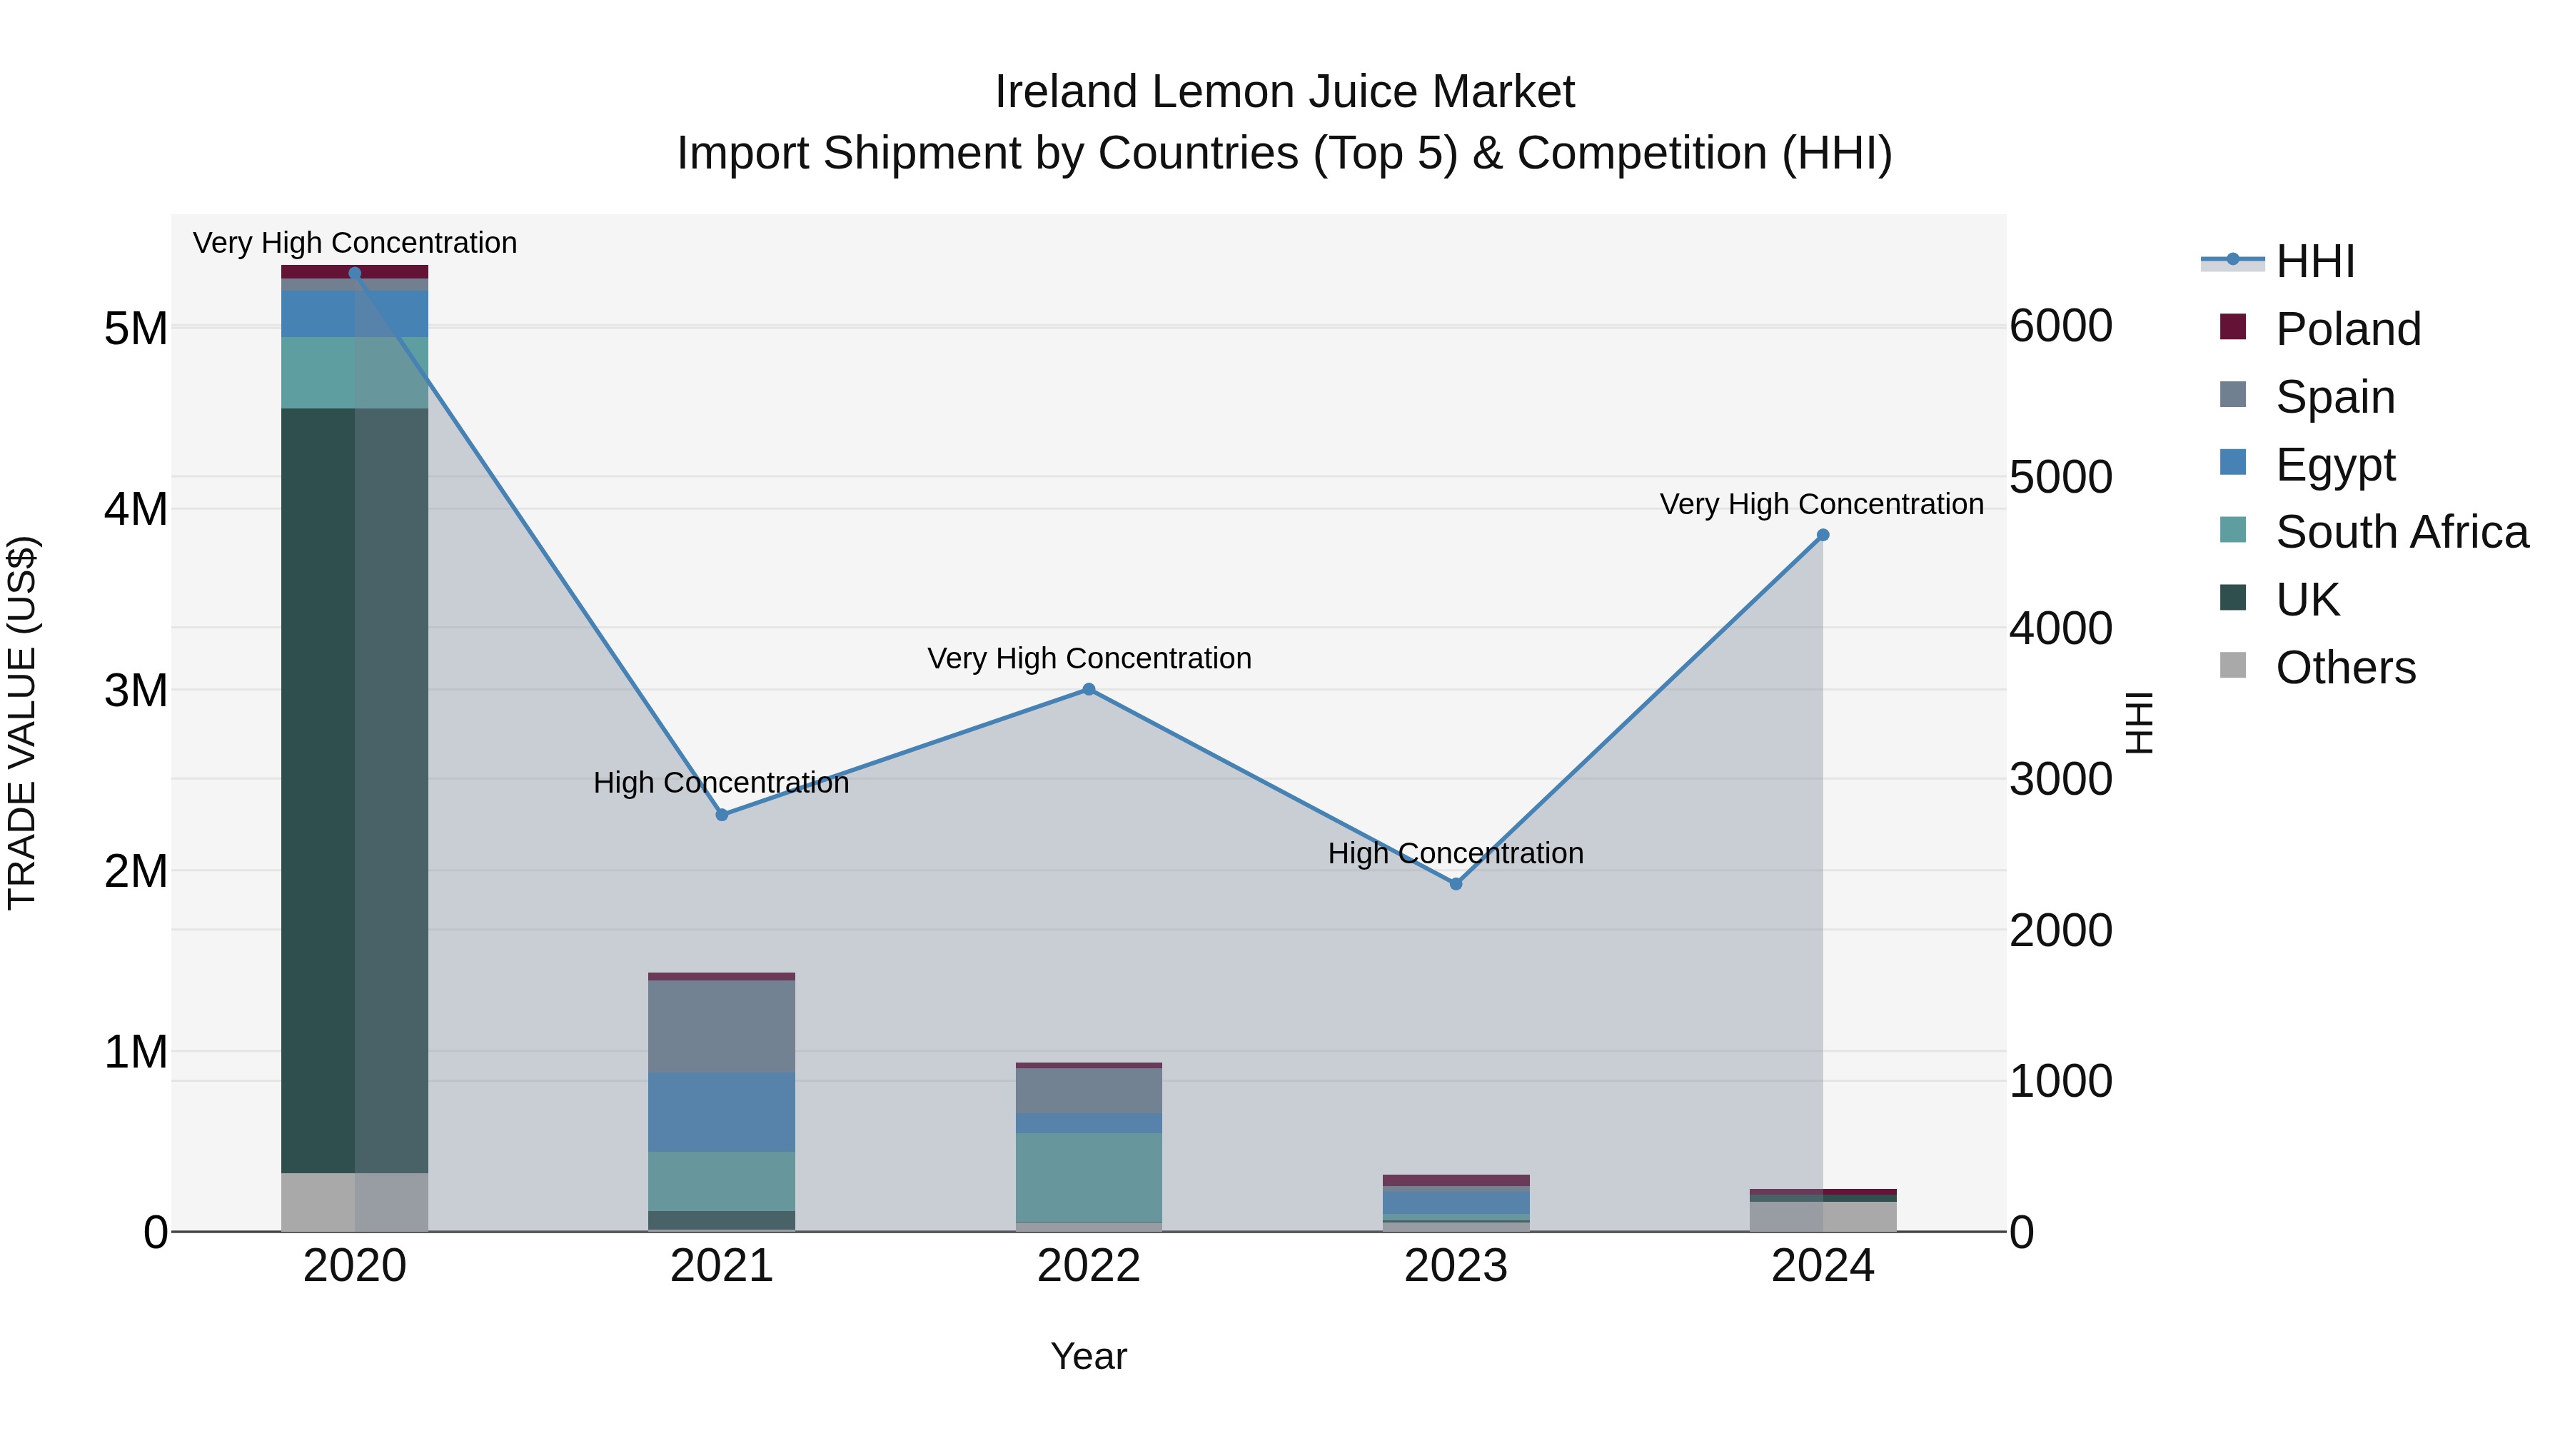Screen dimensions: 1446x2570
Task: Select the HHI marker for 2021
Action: tap(722, 814)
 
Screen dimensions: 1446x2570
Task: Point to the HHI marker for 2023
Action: tap(1456, 884)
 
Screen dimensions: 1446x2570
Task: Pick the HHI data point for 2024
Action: tap(1823, 536)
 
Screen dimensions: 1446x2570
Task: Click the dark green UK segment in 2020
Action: tap(319, 788)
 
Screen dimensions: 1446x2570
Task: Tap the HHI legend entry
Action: tap(2314, 261)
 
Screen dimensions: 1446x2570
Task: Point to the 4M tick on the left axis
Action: tap(136, 509)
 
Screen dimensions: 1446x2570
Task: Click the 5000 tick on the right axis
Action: tap(2060, 477)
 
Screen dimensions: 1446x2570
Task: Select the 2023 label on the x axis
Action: tap(1456, 1266)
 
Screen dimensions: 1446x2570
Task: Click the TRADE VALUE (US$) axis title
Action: tap(22, 723)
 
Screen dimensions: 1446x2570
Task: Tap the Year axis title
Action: tap(1089, 1356)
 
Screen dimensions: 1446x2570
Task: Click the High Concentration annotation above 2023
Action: tap(1455, 853)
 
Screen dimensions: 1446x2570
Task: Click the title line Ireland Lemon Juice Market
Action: tap(1284, 92)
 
